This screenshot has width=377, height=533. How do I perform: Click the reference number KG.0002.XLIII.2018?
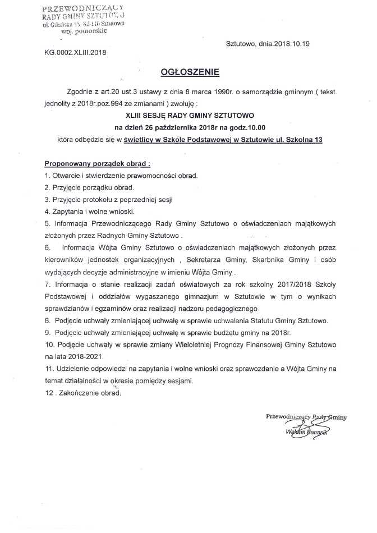pos(75,53)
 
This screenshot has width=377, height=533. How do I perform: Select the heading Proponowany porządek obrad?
pos(97,164)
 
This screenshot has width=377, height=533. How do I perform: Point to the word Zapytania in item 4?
pos(67,212)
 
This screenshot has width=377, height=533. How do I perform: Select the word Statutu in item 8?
pos(269,321)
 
